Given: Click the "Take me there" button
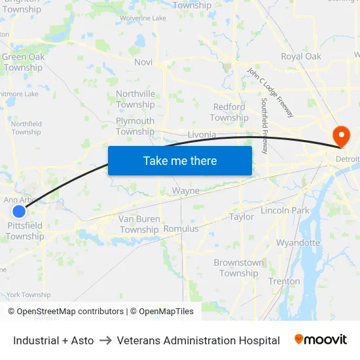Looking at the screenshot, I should [x=180, y=160].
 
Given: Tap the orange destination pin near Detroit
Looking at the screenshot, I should [x=341, y=136].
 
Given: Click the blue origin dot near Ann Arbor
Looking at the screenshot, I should [x=19, y=211].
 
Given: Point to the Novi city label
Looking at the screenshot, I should [x=143, y=62].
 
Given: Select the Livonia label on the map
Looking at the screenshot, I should [x=202, y=135].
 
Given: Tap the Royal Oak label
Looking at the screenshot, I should [x=301, y=56].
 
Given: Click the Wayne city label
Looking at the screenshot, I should [x=185, y=191].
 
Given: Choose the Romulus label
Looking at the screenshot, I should [x=181, y=229].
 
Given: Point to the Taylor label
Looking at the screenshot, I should [x=242, y=217].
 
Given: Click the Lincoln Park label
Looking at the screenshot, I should [x=285, y=211].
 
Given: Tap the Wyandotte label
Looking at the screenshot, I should [x=298, y=243].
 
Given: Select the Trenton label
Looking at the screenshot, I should [x=284, y=281].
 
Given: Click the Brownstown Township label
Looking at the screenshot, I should [x=239, y=268].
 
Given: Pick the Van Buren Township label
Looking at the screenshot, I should [x=139, y=225].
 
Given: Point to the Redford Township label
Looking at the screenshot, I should [x=229, y=112].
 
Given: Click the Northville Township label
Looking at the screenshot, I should [x=135, y=99].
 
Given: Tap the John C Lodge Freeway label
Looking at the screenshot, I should [x=270, y=92].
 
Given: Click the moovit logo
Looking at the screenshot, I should [x=320, y=340].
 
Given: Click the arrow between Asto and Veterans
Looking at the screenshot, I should [x=105, y=340].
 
